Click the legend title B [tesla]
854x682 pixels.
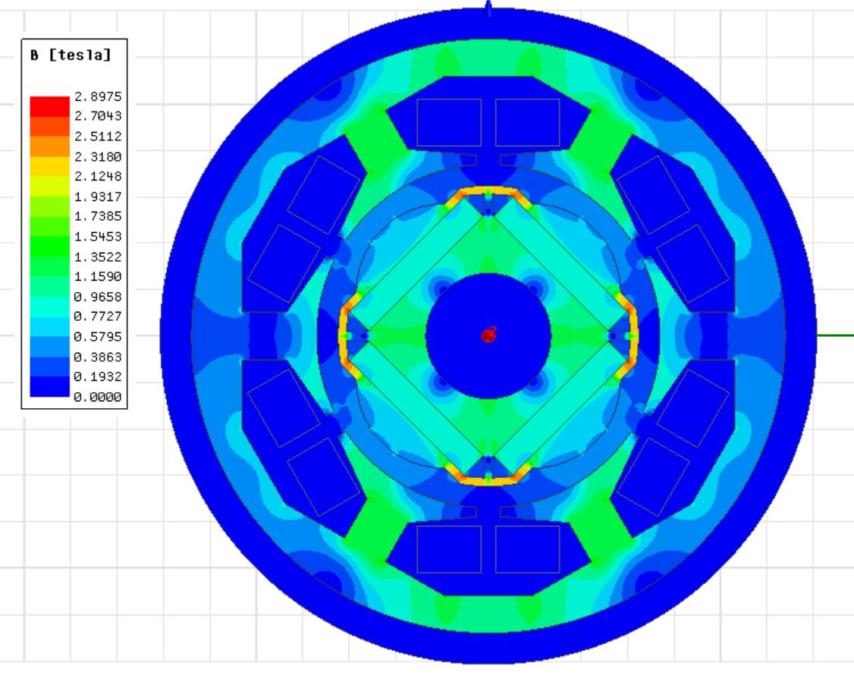point(71,55)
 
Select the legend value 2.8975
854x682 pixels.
point(98,96)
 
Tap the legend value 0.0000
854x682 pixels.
point(98,397)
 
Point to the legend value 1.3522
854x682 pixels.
point(98,256)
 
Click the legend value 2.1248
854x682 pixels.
point(98,177)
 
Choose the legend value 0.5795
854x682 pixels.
point(98,337)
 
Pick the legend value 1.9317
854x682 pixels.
point(98,196)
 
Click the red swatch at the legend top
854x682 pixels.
point(49,106)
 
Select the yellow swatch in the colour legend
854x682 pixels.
point(49,166)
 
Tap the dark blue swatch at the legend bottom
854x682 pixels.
point(49,387)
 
